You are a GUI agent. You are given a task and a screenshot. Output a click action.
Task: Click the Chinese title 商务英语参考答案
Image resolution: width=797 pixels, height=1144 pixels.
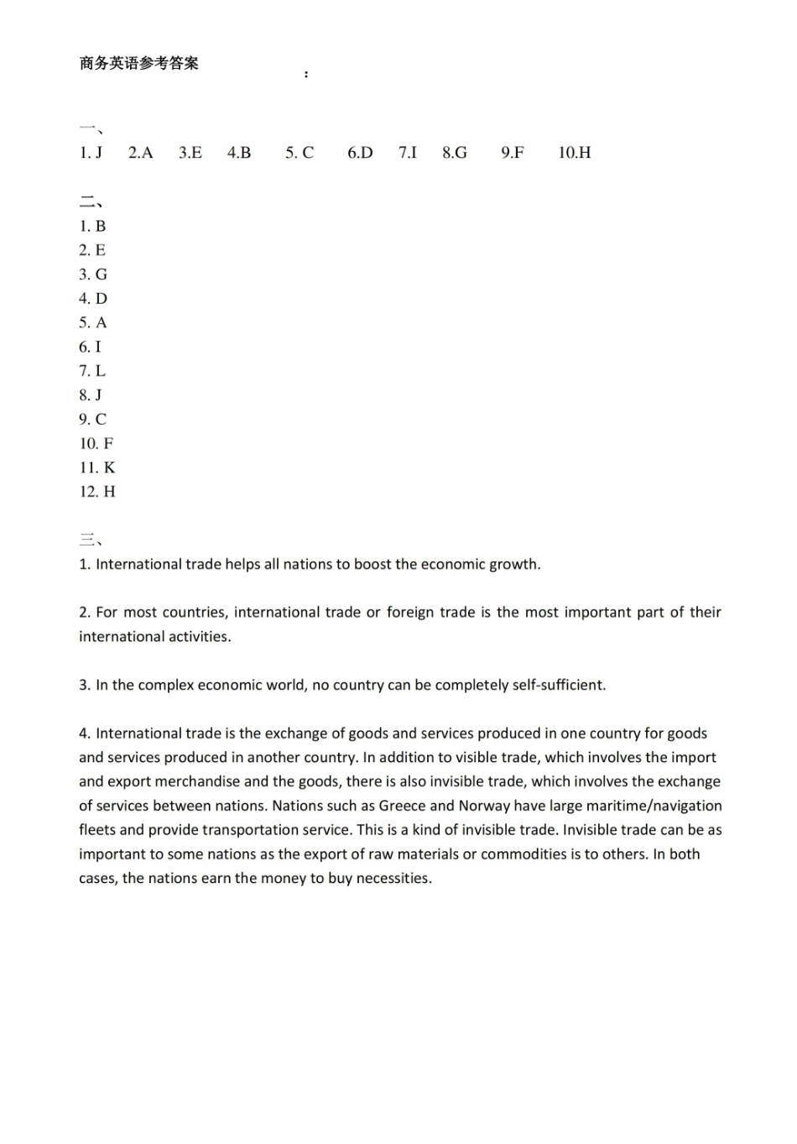pyautogui.click(x=139, y=64)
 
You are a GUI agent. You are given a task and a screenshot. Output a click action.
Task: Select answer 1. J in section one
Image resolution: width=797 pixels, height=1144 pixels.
pyautogui.click(x=91, y=153)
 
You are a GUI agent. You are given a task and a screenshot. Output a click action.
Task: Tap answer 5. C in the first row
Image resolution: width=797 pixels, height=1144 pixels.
pyautogui.click(x=300, y=153)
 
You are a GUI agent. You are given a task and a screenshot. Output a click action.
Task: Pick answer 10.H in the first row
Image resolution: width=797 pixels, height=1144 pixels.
pyautogui.click(x=575, y=153)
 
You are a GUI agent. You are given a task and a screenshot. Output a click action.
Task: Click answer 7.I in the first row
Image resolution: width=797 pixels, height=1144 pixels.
pyautogui.click(x=408, y=153)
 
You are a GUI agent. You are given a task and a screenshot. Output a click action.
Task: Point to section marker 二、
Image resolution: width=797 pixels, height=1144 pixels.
pyautogui.click(x=91, y=202)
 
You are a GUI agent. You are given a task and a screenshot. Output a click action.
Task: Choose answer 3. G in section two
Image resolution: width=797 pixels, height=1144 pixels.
pyautogui.click(x=93, y=274)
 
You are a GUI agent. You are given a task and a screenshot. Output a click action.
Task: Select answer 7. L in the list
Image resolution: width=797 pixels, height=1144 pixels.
pyautogui.click(x=92, y=371)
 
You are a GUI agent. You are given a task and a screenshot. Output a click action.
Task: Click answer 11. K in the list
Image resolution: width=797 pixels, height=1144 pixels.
pyautogui.click(x=97, y=468)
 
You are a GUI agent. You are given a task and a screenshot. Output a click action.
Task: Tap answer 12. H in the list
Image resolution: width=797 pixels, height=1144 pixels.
pyautogui.click(x=97, y=492)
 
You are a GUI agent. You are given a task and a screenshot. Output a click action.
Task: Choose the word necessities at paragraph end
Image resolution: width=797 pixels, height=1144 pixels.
pyautogui.click(x=393, y=879)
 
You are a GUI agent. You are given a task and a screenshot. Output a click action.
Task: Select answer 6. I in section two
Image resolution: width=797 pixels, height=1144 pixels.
pyautogui.click(x=90, y=347)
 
